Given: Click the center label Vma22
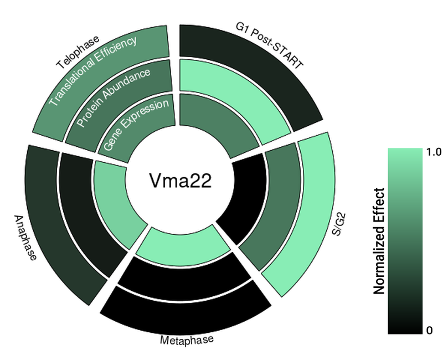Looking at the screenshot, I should pyautogui.click(x=180, y=181).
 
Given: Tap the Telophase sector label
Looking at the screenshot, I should pyautogui.click(x=78, y=53).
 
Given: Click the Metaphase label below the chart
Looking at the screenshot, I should pyautogui.click(x=187, y=340).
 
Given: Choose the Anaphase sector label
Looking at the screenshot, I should pyautogui.click(x=25, y=238).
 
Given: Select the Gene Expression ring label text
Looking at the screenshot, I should pyautogui.click(x=136, y=125).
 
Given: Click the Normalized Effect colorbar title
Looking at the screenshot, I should pyautogui.click(x=379, y=241).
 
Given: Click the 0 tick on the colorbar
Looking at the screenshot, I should pyautogui.click(x=429, y=330).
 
